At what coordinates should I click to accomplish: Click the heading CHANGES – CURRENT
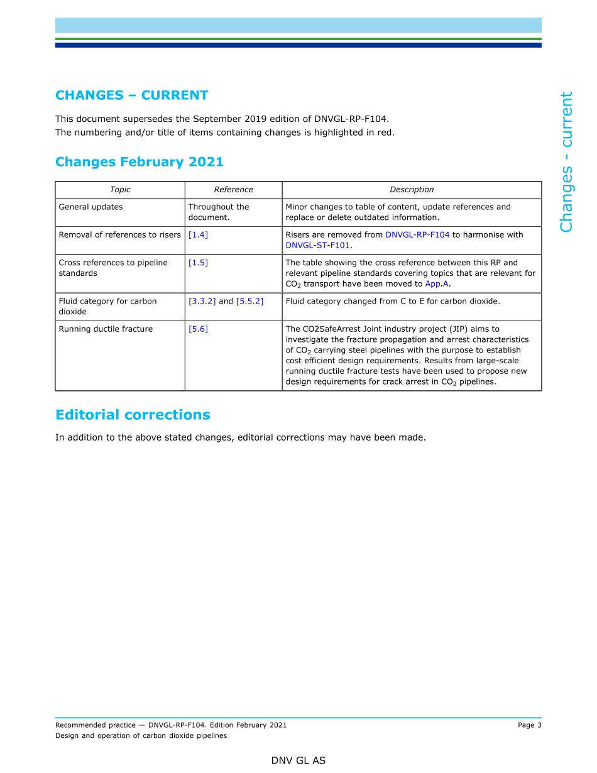[131, 96]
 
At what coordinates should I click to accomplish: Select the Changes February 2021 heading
[139, 162]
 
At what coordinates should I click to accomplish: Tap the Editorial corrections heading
[133, 415]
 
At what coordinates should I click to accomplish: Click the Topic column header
[120, 190]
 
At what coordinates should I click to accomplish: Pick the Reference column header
[233, 190]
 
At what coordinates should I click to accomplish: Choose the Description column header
[412, 190]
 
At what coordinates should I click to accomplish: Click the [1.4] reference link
[198, 235]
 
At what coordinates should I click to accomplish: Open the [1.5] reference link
[198, 263]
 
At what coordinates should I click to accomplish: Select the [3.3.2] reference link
[202, 301]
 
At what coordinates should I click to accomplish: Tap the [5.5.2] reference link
[249, 301]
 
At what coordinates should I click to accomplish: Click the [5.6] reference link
[198, 329]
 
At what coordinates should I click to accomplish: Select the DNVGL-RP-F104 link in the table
[417, 235]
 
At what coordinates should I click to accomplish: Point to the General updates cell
[90, 207]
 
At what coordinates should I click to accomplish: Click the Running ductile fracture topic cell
[106, 329]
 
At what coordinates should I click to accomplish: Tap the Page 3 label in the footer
[529, 725]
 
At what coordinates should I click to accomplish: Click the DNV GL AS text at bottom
[298, 760]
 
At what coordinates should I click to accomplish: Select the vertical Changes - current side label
[566, 162]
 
